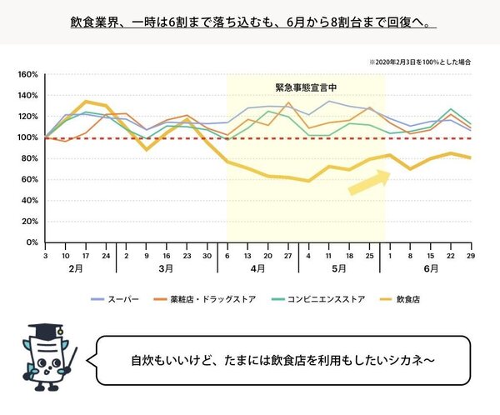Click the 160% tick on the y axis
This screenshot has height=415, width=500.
coord(28,74)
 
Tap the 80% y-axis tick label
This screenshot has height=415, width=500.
coord(30,158)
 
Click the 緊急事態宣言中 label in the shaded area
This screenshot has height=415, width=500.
coord(305,87)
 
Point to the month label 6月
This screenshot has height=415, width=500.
coord(431,269)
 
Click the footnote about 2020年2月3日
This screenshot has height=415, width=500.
coord(420,62)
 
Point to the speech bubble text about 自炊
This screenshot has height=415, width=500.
coord(283,361)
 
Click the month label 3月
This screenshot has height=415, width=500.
coord(165,269)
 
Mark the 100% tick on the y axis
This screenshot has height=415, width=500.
coord(28,137)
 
